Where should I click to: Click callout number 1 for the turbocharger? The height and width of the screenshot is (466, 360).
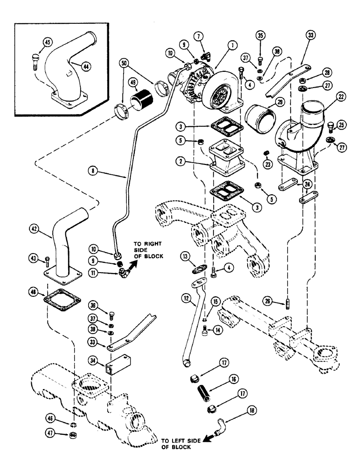pos(233,46)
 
